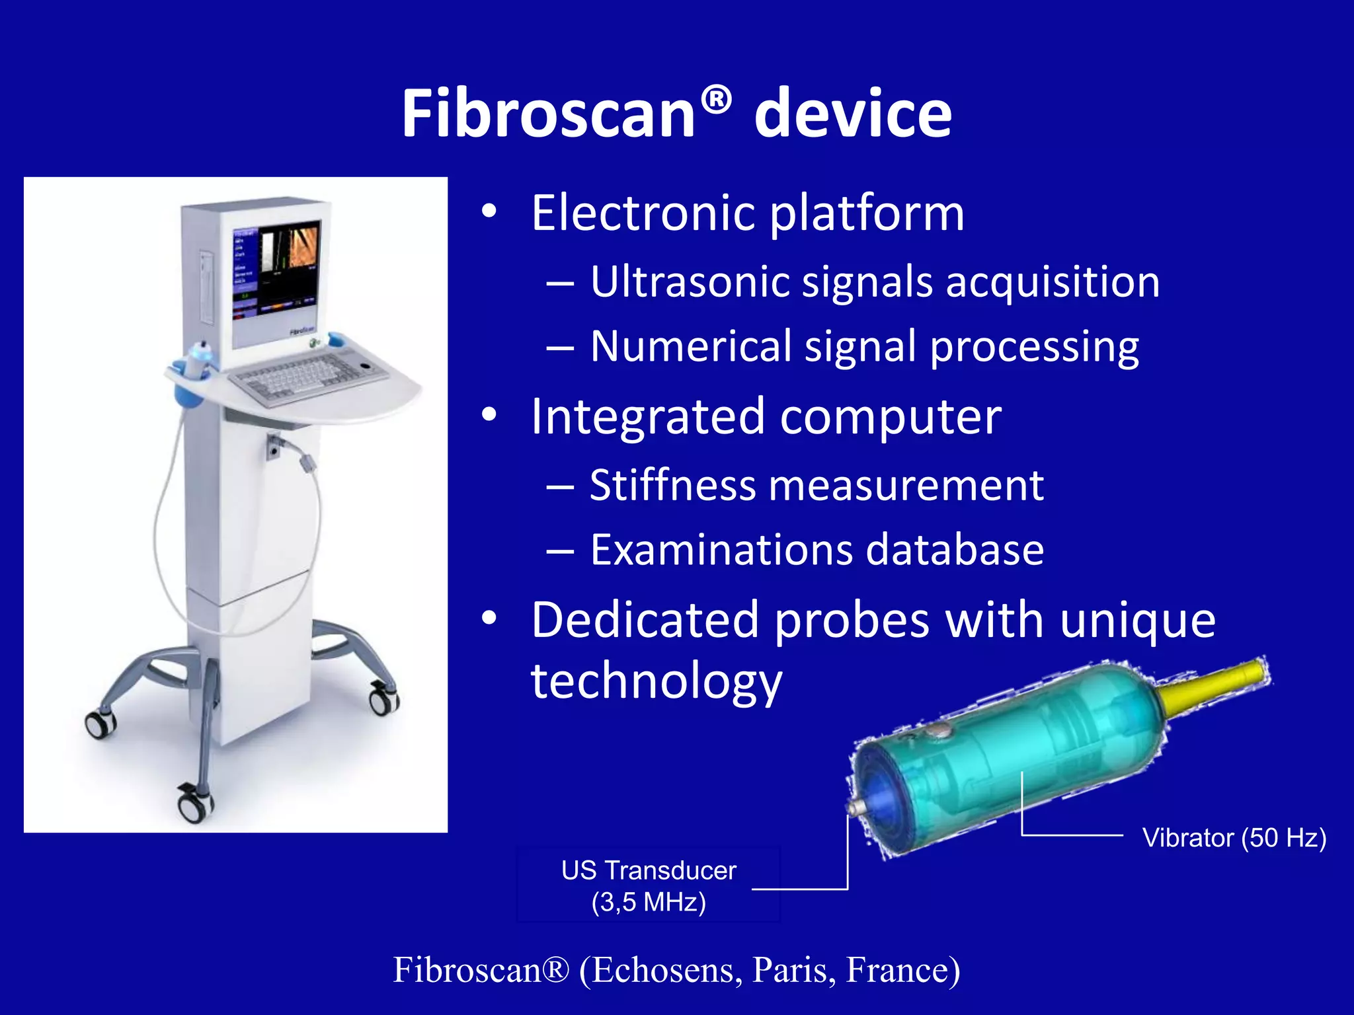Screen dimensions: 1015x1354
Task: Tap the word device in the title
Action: pyautogui.click(x=853, y=114)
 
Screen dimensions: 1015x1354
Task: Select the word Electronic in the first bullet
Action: pyautogui.click(x=645, y=213)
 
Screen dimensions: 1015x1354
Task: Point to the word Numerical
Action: pyautogui.click(x=690, y=346)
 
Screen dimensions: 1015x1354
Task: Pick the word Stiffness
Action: pyautogui.click(x=672, y=486)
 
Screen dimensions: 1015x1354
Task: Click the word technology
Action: pyautogui.click(x=657, y=682)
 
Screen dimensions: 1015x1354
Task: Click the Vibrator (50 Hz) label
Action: pyautogui.click(x=1234, y=838)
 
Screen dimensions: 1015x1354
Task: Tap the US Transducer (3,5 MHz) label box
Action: pyautogui.click(x=649, y=885)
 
